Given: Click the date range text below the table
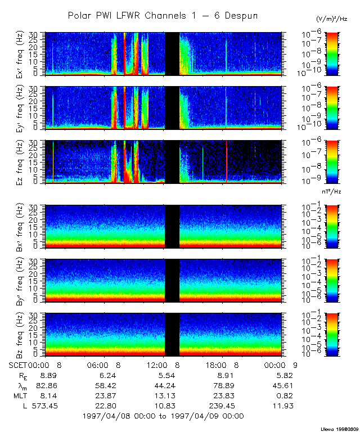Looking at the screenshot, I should click(163, 416).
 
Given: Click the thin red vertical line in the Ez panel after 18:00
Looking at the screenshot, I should click(227, 162).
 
